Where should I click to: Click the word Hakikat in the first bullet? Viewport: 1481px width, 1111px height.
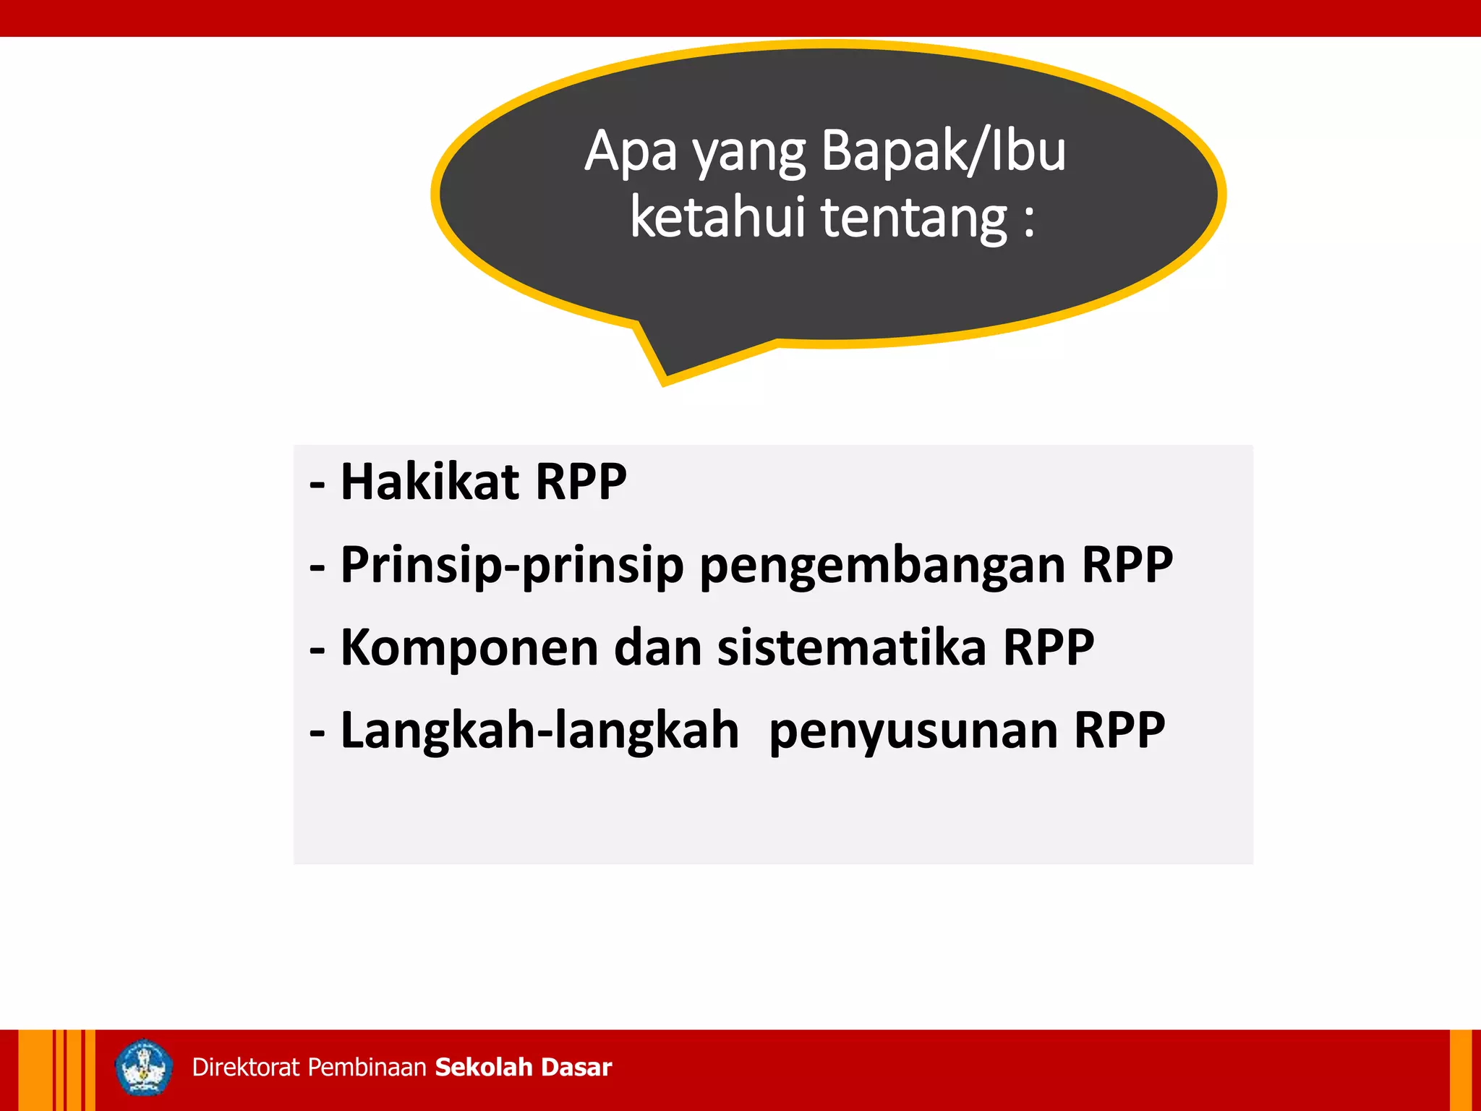tap(429, 482)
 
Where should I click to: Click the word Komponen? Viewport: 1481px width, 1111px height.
tap(469, 647)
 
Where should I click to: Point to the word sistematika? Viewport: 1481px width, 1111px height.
tap(852, 647)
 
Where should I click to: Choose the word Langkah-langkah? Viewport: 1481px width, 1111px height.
tap(539, 730)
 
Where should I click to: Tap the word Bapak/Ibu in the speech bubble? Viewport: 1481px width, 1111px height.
tap(944, 152)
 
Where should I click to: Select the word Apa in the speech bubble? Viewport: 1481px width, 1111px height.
tap(631, 152)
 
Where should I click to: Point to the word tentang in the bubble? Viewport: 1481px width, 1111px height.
tap(914, 218)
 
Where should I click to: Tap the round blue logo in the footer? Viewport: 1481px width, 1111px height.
tap(144, 1068)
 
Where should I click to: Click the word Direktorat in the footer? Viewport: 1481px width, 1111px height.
tap(246, 1068)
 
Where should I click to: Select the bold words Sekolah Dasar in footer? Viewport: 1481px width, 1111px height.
tap(524, 1068)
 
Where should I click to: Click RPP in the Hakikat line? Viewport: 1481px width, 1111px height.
tap(581, 482)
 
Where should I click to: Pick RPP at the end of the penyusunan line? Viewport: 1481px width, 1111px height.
tap(1119, 730)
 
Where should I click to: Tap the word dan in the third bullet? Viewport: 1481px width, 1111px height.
tap(658, 647)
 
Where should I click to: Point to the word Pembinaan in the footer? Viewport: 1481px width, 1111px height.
tap(367, 1068)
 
